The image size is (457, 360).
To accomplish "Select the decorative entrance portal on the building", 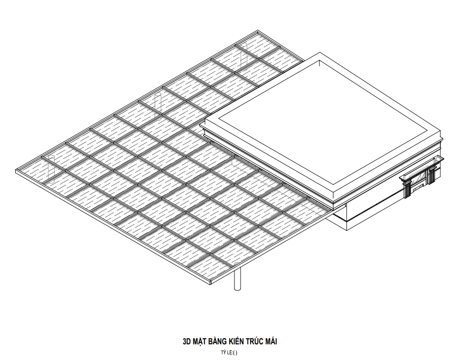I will [421, 178].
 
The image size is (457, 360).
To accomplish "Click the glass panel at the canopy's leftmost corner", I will [38, 171].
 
